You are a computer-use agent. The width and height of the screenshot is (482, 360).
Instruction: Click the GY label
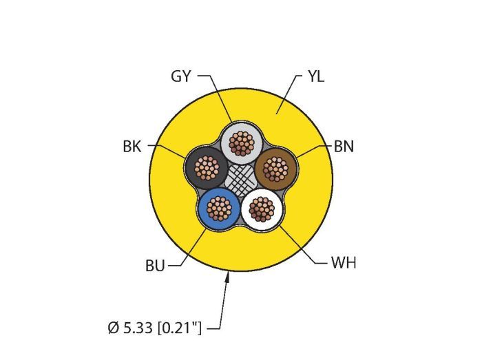(180, 76)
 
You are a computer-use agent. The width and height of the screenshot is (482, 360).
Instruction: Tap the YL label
(316, 76)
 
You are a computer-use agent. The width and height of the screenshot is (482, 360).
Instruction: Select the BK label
(132, 146)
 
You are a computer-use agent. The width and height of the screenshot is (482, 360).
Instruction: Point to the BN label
(344, 146)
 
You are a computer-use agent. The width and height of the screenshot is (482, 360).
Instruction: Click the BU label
(155, 266)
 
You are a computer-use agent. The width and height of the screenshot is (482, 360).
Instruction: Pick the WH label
(344, 263)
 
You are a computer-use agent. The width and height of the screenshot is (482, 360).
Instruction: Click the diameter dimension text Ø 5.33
(130, 328)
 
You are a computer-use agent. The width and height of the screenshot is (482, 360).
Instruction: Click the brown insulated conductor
(276, 169)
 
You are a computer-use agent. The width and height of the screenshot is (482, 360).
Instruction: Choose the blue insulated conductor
(219, 209)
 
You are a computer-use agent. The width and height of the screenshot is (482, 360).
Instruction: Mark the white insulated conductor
(262, 209)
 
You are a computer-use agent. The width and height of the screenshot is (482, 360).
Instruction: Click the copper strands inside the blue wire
(219, 209)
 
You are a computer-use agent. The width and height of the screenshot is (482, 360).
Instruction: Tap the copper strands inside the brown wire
(275, 169)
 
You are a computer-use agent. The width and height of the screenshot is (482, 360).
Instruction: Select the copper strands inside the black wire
(207, 168)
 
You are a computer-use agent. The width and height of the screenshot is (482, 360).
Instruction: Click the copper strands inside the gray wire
(241, 143)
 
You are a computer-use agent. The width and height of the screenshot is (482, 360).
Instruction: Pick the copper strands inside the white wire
(262, 209)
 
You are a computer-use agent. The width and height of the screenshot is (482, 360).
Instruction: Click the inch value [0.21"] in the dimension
(179, 328)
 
